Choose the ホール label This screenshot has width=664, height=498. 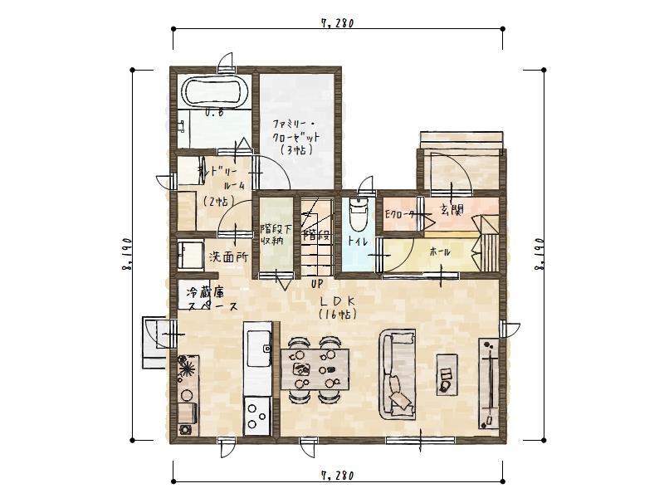441,250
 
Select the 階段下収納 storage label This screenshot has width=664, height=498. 272,234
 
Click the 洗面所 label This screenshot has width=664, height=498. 227,256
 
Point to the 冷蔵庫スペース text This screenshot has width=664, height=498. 211,300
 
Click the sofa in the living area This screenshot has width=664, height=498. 398,375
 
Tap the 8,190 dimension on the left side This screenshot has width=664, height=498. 127,254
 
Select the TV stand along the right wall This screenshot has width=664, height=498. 489,383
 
